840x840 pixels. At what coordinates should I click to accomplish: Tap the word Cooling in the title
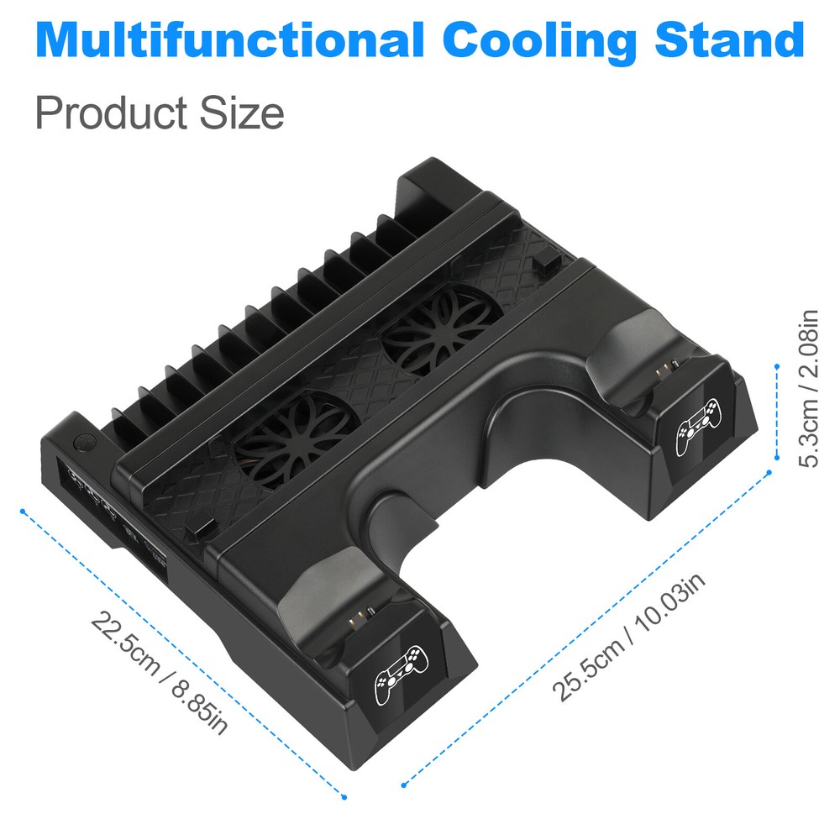click(540, 39)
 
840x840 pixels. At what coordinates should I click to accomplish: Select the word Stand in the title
click(729, 39)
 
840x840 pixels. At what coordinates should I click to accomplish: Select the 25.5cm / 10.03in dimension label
click(628, 636)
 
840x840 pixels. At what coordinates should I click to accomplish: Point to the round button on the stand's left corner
click(84, 441)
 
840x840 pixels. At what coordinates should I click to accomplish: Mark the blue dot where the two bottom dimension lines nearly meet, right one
click(404, 785)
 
